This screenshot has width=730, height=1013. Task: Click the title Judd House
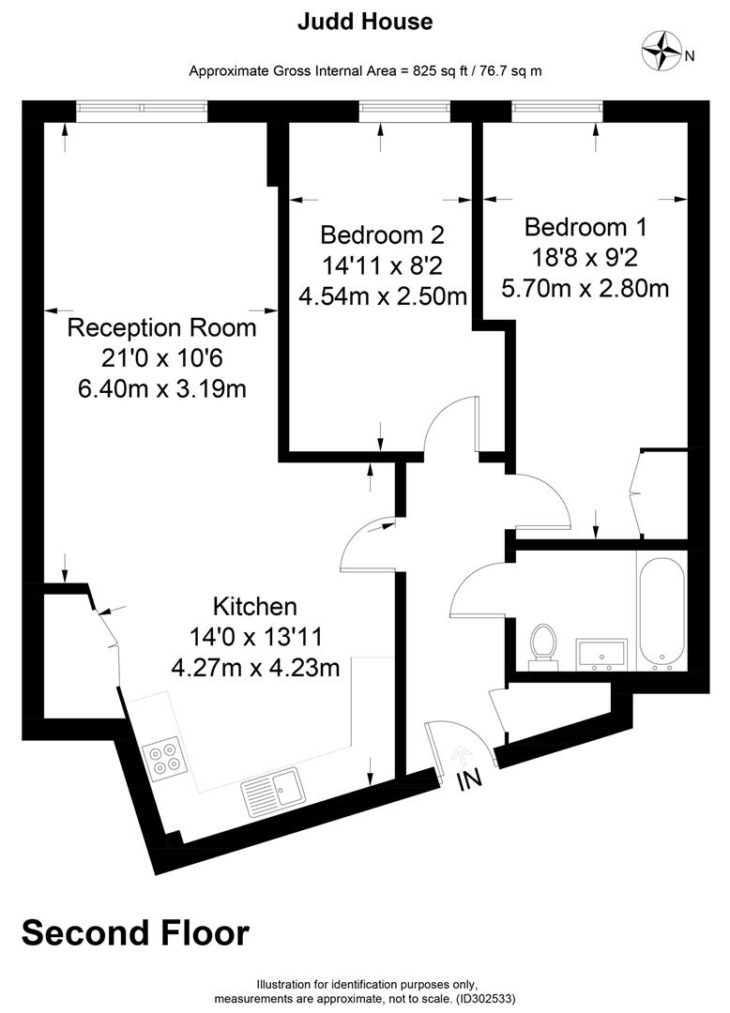click(x=365, y=22)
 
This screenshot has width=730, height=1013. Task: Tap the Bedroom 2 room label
click(x=382, y=234)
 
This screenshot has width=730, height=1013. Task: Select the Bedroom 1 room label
click(x=586, y=227)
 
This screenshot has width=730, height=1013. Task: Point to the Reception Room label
click(x=162, y=328)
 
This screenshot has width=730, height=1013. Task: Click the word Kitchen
click(x=255, y=606)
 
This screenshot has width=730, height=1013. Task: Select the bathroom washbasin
click(x=600, y=654)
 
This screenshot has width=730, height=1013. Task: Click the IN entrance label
click(x=468, y=779)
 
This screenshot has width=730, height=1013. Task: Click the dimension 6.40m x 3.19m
click(x=162, y=387)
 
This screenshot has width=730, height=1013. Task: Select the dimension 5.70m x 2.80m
click(x=586, y=288)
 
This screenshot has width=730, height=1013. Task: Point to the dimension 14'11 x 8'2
click(x=382, y=265)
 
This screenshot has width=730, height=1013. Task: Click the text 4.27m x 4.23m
click(x=255, y=669)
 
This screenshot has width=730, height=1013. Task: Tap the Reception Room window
click(x=142, y=109)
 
